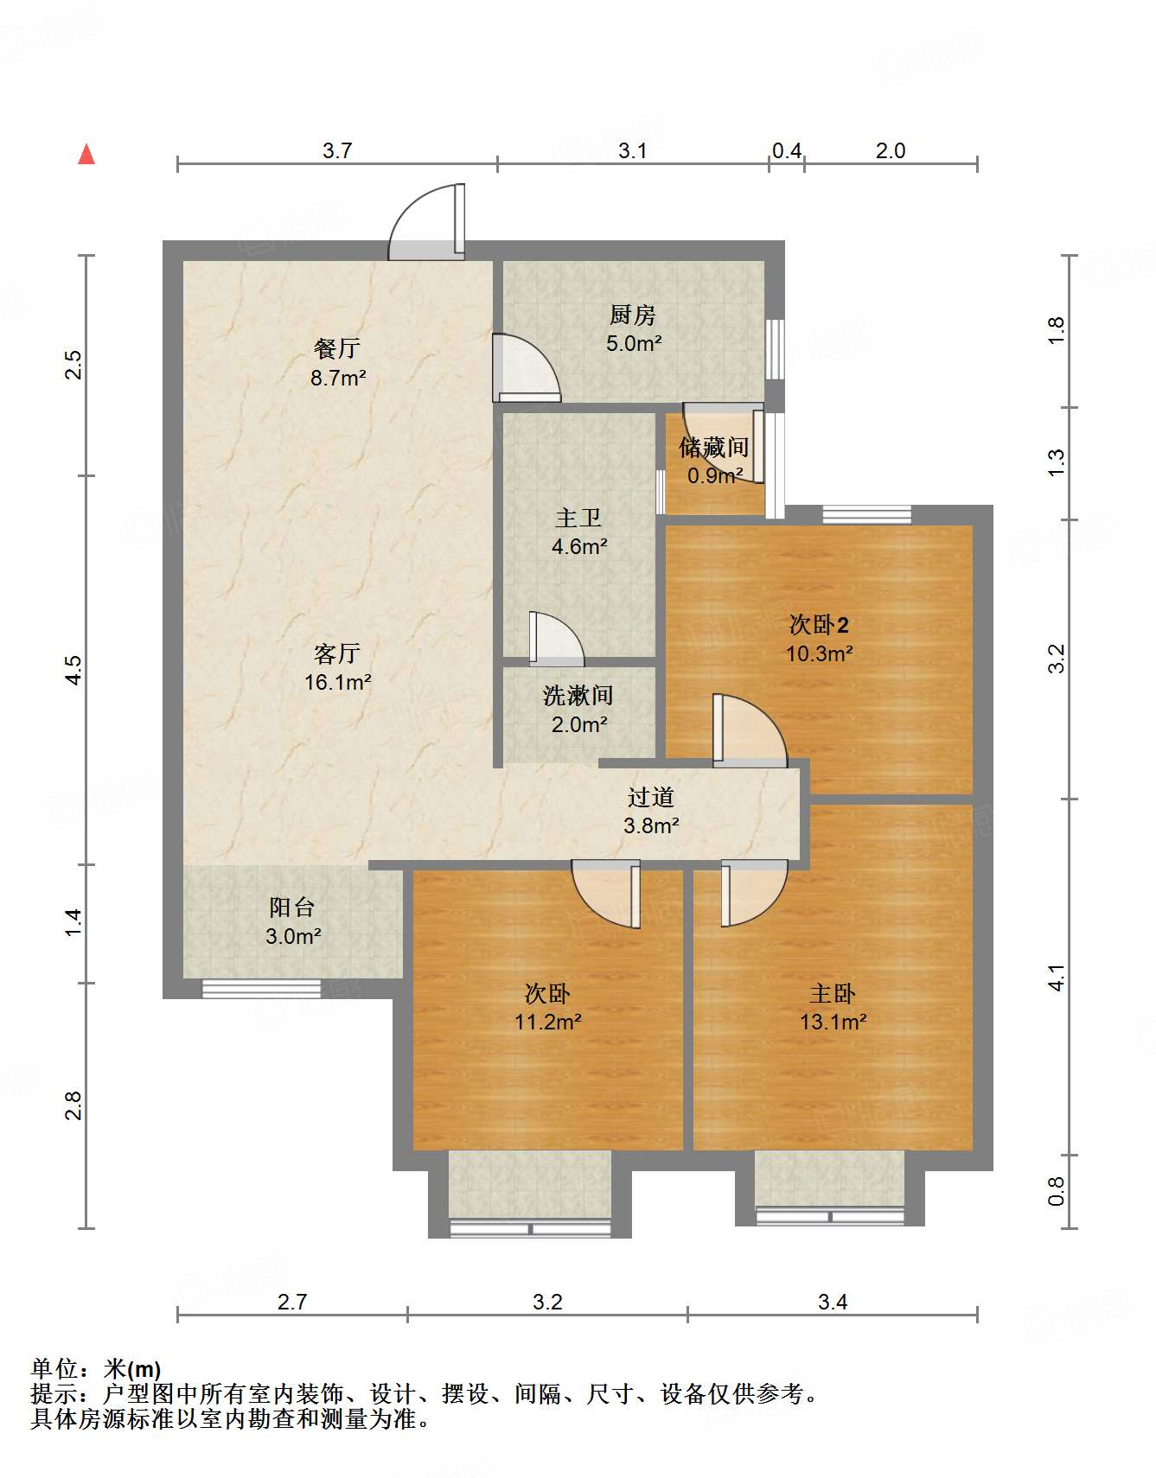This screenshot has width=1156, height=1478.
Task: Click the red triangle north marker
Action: click(86, 155)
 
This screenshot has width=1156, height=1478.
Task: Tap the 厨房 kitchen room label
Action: click(633, 315)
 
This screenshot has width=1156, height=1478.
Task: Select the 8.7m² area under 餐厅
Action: click(338, 378)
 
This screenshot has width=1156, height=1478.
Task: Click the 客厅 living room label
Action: click(337, 653)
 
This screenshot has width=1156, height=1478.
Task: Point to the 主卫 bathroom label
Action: click(578, 518)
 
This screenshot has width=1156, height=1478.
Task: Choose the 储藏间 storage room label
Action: click(713, 447)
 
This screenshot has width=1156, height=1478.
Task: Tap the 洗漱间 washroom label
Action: click(578, 695)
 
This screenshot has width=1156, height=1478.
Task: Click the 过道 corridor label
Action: click(650, 796)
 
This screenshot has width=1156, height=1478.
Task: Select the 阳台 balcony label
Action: click(291, 907)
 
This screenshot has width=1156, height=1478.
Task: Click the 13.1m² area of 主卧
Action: click(833, 1022)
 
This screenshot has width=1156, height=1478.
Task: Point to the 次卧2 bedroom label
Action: click(819, 624)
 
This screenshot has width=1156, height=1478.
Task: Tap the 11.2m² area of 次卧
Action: click(547, 1022)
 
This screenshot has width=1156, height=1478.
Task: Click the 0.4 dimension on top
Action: click(786, 151)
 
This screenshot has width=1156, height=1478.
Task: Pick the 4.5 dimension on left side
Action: click(73, 670)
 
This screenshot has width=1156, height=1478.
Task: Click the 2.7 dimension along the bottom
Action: click(292, 1302)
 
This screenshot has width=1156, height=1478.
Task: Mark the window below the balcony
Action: click(261, 988)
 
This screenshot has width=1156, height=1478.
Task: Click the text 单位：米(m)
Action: click(96, 1369)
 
